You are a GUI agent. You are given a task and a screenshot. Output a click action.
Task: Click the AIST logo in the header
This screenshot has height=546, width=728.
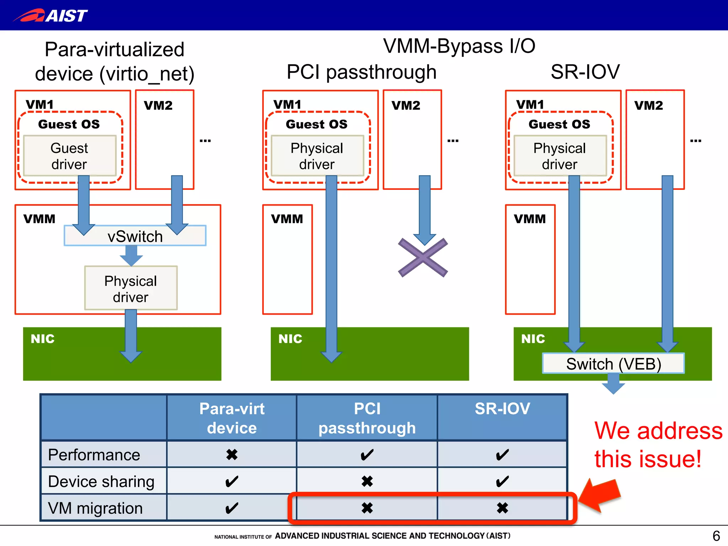click(50, 15)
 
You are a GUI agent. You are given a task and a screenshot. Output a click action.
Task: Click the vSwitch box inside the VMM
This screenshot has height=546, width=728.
click(135, 236)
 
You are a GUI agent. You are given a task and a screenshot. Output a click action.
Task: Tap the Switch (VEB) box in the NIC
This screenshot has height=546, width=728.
click(613, 364)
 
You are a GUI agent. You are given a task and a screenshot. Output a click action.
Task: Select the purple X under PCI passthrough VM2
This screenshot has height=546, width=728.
click(423, 258)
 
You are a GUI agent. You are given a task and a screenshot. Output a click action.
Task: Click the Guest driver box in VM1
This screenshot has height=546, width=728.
click(69, 156)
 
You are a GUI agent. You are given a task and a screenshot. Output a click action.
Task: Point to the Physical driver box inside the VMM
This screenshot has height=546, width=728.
click(130, 288)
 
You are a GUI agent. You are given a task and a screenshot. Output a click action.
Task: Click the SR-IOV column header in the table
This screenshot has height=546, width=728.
click(502, 409)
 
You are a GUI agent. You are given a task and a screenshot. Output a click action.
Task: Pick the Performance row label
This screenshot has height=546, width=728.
click(94, 455)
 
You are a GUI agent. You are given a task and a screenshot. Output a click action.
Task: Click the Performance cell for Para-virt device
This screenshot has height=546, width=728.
click(232, 455)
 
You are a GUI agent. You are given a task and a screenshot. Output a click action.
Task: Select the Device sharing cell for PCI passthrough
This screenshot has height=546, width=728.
click(367, 481)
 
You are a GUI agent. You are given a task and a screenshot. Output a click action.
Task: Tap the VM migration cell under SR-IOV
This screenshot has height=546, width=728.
click(502, 508)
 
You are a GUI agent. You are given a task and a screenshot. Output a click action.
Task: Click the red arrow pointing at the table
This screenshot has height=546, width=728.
click(600, 495)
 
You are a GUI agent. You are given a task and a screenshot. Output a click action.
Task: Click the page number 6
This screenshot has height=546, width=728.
click(716, 536)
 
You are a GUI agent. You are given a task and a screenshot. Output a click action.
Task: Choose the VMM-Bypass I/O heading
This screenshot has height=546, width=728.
click(459, 46)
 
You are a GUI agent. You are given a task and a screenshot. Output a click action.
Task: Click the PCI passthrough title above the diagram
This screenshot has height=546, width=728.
click(361, 72)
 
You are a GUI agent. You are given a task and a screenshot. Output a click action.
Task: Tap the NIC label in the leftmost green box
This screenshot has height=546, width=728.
click(43, 339)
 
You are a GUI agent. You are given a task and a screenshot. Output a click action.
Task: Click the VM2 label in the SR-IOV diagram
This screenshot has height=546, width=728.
click(648, 105)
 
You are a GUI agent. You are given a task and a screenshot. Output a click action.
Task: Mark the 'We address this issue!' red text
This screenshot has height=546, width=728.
click(658, 444)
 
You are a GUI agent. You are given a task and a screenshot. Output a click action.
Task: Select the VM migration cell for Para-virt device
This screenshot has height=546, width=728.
click(232, 508)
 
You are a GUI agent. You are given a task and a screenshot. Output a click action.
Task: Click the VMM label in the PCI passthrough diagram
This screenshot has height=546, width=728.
click(287, 219)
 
